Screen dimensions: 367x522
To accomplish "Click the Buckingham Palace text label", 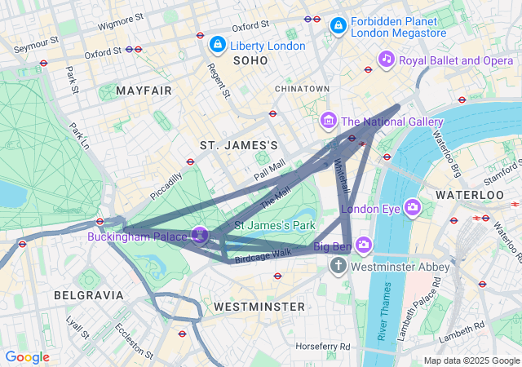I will click(138, 237).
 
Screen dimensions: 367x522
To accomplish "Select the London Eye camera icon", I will click(413, 207).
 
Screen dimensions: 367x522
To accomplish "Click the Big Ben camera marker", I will click(363, 244).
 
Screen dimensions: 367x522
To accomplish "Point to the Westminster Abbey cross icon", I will click(338, 266).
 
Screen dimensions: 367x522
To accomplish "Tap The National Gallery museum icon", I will click(329, 122).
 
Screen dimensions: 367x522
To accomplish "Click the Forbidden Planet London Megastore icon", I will click(337, 27).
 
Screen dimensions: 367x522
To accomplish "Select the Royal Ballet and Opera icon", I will click(387, 59).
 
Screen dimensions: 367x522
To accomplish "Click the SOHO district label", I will click(250, 61).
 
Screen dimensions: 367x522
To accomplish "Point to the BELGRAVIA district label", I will click(88, 294).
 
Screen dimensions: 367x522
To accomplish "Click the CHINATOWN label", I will click(302, 88).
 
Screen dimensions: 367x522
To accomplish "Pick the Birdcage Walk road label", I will click(263, 254).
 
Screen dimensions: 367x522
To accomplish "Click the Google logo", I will click(27, 357).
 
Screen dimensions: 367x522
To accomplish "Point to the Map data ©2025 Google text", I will click(471, 360).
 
